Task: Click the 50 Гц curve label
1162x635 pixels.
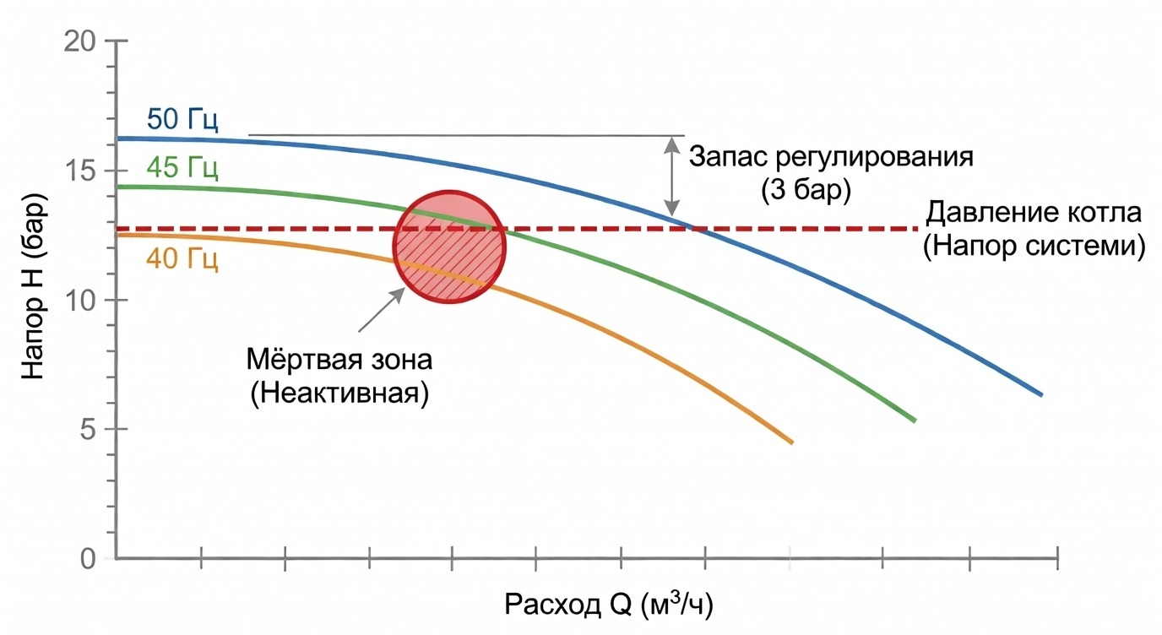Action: tap(182, 120)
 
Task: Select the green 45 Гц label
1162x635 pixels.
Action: tap(182, 168)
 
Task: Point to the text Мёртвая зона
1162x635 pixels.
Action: tap(339, 361)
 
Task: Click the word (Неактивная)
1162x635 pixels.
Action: tap(339, 393)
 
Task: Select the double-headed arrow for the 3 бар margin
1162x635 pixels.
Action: tap(672, 175)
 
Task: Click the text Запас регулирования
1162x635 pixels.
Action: tap(831, 157)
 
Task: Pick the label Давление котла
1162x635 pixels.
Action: tap(1034, 212)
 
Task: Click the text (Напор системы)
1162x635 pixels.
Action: tap(1034, 247)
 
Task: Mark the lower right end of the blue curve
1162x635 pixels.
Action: tap(1041, 394)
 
